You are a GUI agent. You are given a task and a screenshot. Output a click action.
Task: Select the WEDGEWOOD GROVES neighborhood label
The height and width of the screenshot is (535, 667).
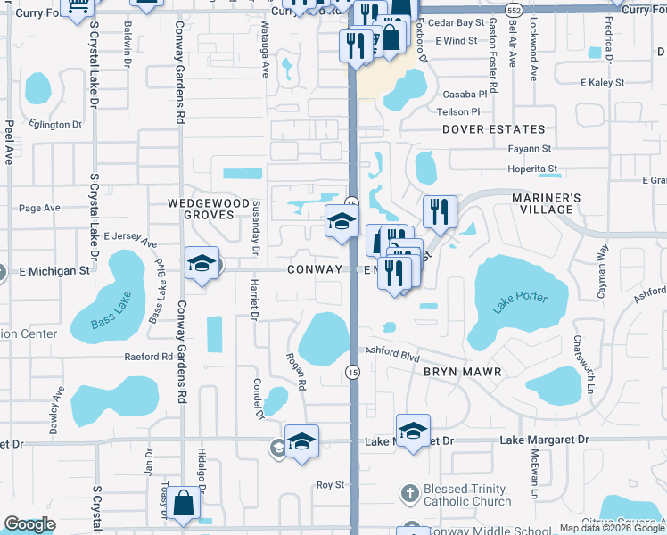209,209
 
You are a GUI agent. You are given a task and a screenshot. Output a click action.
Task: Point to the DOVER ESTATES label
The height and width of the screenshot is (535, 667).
493,129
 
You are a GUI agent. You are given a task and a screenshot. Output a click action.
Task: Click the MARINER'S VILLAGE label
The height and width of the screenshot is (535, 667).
546,203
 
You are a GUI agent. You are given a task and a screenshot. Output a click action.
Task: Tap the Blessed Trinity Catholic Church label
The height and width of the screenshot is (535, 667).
467,495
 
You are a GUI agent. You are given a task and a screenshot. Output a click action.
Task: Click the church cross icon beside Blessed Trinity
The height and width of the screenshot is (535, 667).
409,492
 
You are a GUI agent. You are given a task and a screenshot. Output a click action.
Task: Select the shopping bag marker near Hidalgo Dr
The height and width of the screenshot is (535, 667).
184,504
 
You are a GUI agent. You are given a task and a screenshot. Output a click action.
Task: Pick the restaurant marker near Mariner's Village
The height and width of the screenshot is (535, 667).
439,212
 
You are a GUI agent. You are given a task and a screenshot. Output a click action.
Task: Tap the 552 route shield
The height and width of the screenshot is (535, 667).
511,10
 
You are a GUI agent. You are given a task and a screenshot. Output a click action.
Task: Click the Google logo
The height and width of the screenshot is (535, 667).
29,524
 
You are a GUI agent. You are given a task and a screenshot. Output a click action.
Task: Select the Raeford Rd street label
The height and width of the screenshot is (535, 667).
149,357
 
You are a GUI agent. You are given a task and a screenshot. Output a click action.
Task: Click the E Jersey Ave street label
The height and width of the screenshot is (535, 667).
129,239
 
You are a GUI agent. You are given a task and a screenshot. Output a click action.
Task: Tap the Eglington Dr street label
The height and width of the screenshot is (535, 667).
54,124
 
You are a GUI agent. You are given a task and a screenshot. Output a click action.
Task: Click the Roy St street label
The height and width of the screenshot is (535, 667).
330,484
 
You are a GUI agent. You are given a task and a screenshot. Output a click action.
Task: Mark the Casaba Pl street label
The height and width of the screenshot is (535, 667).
465,94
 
